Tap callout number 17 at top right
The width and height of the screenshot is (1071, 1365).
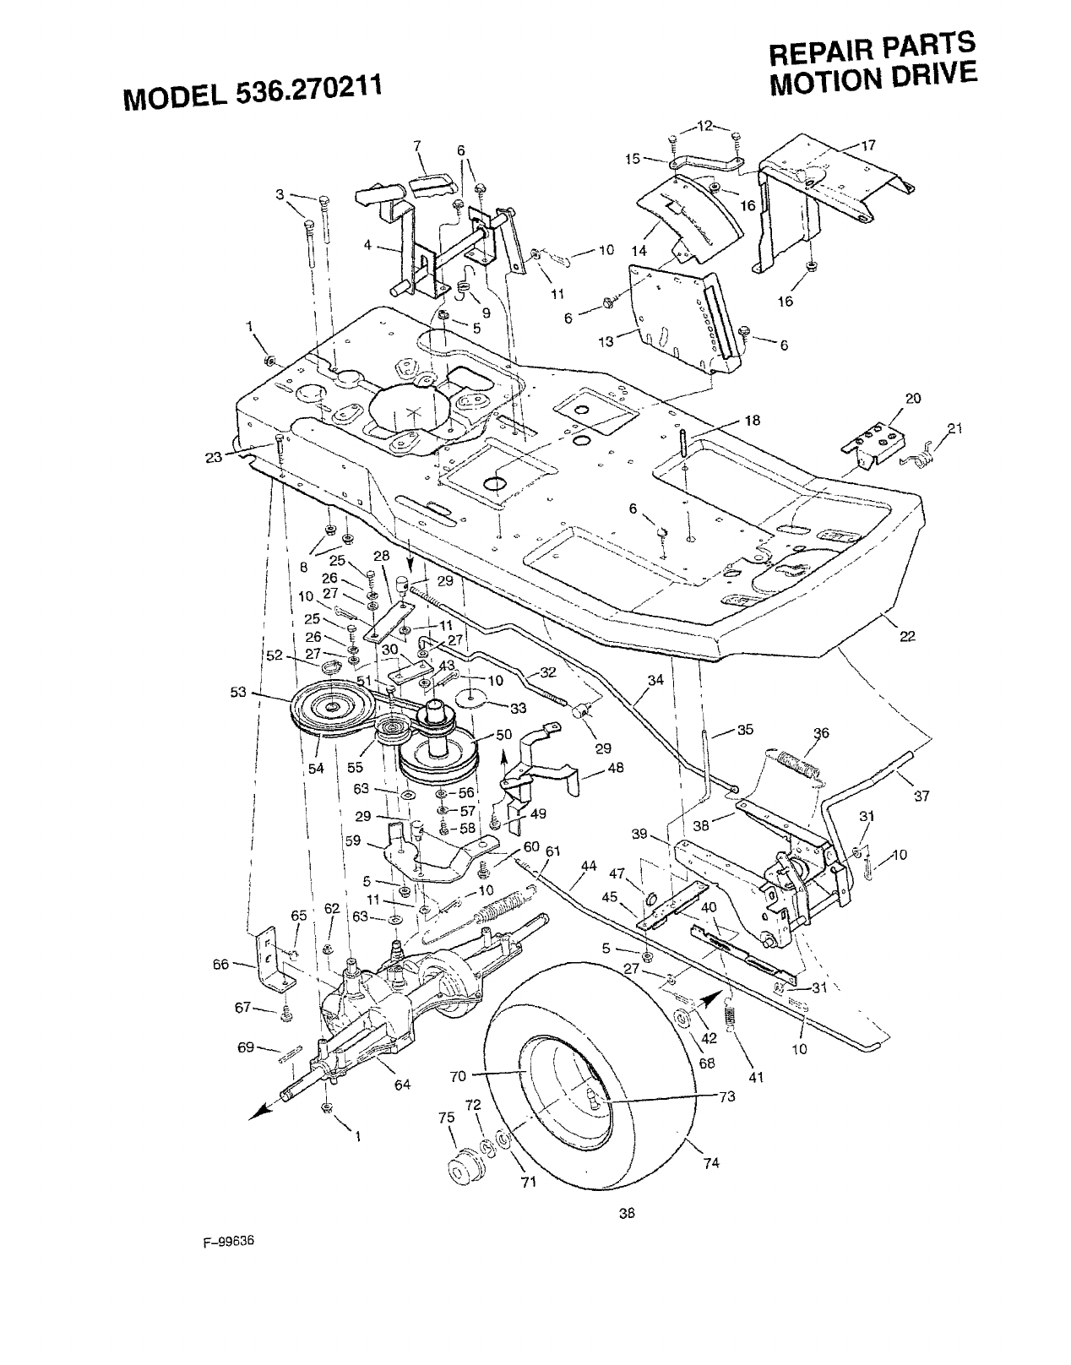pyautogui.click(x=868, y=145)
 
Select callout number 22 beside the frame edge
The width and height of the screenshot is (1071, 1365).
pyautogui.click(x=908, y=637)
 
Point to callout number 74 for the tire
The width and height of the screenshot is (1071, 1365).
pyautogui.click(x=709, y=1161)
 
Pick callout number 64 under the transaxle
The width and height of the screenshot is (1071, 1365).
pyautogui.click(x=402, y=1085)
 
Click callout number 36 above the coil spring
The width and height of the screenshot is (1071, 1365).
pyautogui.click(x=821, y=732)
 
